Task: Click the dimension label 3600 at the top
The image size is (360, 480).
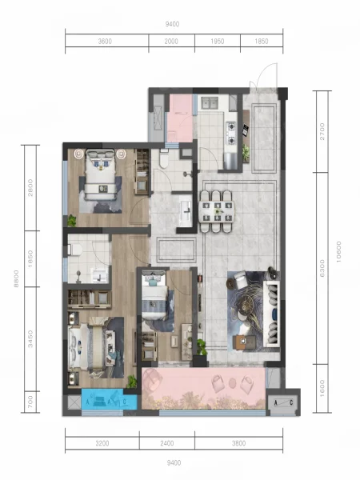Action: tap(105, 42)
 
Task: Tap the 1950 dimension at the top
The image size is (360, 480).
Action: tap(218, 42)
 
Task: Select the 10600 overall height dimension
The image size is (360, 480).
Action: tap(338, 252)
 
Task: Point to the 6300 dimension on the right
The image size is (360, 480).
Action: tap(322, 268)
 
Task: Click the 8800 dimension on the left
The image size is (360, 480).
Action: tap(16, 278)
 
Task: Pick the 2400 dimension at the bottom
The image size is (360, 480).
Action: tap(167, 443)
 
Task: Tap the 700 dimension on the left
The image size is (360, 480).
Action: tap(30, 402)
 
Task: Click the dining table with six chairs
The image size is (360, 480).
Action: tap(217, 211)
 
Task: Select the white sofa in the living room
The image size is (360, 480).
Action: tap(272, 314)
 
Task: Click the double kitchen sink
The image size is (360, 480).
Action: tap(210, 103)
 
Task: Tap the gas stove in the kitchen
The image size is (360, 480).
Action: tap(231, 133)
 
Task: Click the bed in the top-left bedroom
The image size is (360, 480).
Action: tap(101, 174)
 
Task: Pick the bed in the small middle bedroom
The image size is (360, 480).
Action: tap(154, 298)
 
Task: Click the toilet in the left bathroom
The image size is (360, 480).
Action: tap(74, 250)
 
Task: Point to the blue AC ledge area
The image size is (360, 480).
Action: tap(109, 399)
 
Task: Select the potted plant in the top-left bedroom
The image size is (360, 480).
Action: tap(72, 221)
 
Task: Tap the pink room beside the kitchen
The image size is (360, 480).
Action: tap(179, 118)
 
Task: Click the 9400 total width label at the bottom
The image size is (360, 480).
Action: tap(174, 462)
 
